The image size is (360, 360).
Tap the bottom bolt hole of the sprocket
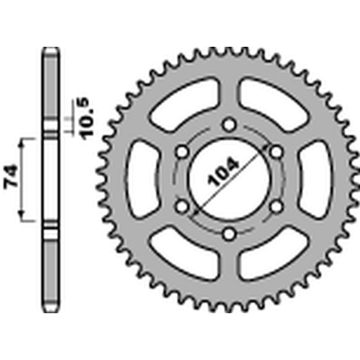[229, 233]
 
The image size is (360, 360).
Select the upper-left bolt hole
[182, 152]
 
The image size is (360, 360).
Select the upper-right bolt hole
[277, 152]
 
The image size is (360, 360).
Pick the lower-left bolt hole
[182, 206]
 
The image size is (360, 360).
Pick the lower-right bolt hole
[277, 206]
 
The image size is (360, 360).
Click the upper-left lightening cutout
[184, 102]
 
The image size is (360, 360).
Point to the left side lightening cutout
[142, 179]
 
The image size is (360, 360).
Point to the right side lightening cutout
[317, 179]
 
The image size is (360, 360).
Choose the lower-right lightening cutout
[274, 255]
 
